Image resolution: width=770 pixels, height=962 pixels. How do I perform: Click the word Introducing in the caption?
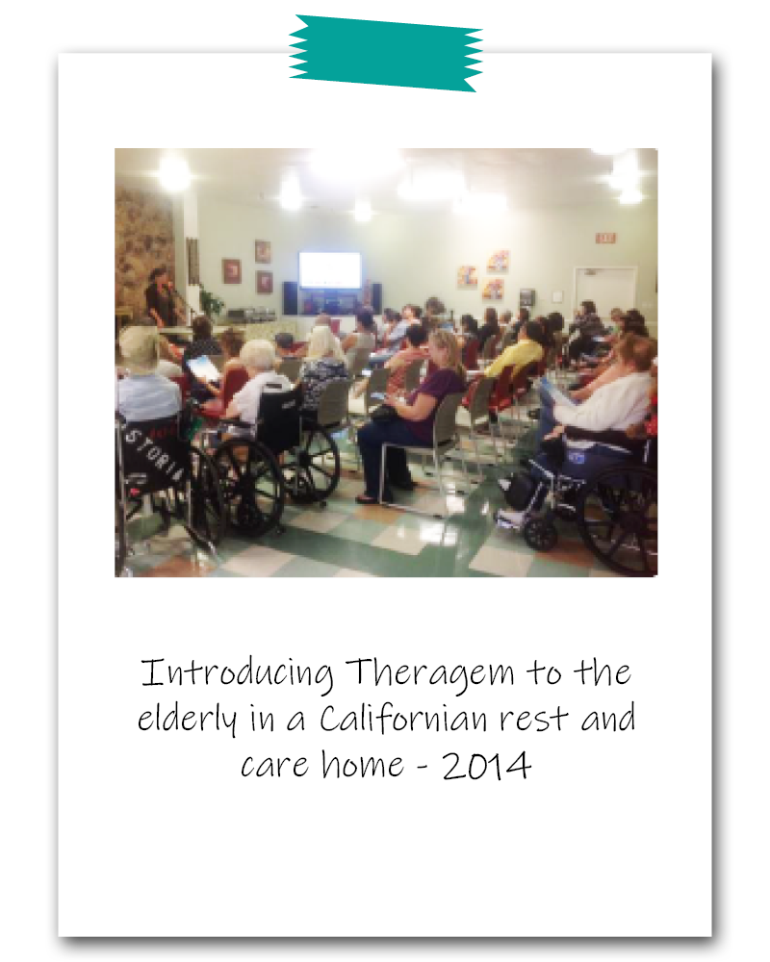coord(238,673)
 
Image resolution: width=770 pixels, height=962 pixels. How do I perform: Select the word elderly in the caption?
coord(187,719)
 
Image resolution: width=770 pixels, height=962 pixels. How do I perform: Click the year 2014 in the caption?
coord(486,766)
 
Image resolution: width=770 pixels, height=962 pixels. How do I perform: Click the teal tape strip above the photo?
coord(386,54)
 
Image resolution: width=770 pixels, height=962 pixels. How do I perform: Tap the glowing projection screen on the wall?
coord(330,270)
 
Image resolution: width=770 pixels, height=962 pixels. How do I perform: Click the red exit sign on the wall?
coord(604,238)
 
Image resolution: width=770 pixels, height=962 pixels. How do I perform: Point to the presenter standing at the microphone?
coord(161,297)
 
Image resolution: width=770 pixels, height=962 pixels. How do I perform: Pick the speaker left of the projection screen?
coord(290,297)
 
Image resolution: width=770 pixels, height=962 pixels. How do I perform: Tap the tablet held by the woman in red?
coord(203,369)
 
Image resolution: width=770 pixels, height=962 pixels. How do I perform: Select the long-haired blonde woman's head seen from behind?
coord(325,343)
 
